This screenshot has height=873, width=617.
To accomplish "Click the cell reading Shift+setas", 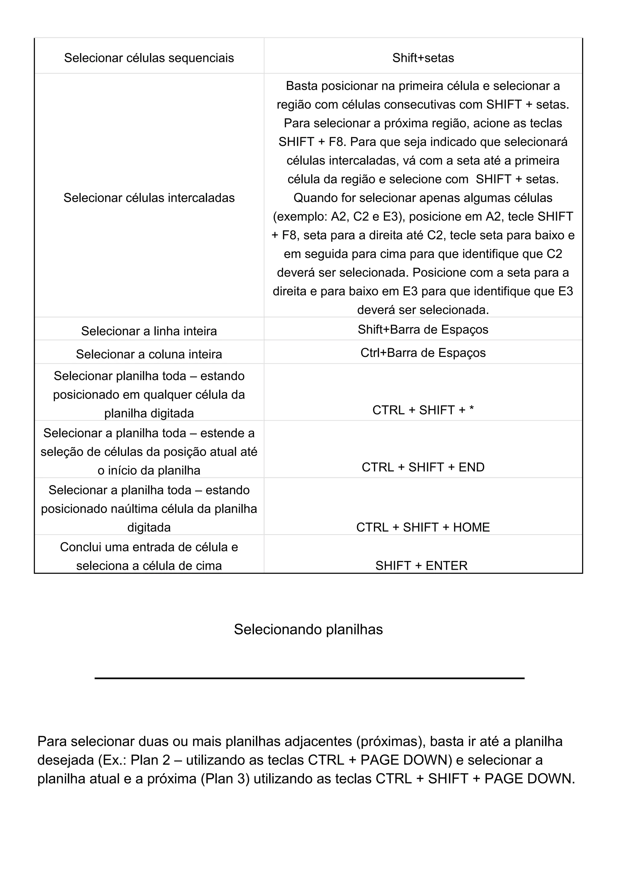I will pyautogui.click(x=423, y=58).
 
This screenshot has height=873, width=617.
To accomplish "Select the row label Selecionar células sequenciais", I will pyautogui.click(x=149, y=58).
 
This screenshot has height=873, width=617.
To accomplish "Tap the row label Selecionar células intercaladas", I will pyautogui.click(x=149, y=198).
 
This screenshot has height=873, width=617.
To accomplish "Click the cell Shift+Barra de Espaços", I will pyautogui.click(x=423, y=329).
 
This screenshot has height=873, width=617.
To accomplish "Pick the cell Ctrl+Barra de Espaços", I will pyautogui.click(x=423, y=352).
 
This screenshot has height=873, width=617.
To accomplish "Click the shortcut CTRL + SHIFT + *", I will pyautogui.click(x=423, y=410).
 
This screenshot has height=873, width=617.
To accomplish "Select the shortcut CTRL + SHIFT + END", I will pyautogui.click(x=423, y=467).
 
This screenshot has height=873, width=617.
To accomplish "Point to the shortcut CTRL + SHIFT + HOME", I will pyautogui.click(x=423, y=527).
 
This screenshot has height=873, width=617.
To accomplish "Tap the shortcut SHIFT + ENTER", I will pyautogui.click(x=421, y=566).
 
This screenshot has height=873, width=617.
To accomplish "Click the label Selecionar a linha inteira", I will pyautogui.click(x=149, y=331).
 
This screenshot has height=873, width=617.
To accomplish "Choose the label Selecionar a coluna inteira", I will pyautogui.click(x=149, y=354).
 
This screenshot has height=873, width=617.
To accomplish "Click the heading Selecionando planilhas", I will pyautogui.click(x=308, y=629).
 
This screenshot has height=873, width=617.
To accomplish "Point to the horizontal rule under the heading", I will pyautogui.click(x=309, y=678).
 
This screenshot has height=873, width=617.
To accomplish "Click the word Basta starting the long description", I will pyautogui.click(x=302, y=86).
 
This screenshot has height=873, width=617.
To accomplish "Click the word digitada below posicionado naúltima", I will pyautogui.click(x=149, y=527).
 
